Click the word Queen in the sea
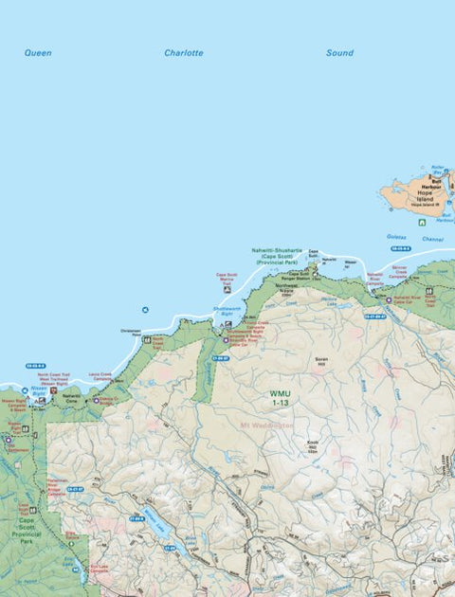(38, 53)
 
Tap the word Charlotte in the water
(183, 53)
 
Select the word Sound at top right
(339, 53)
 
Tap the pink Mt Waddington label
(266, 425)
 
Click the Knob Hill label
(314, 445)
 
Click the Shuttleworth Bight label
(227, 310)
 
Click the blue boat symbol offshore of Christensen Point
(144, 310)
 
